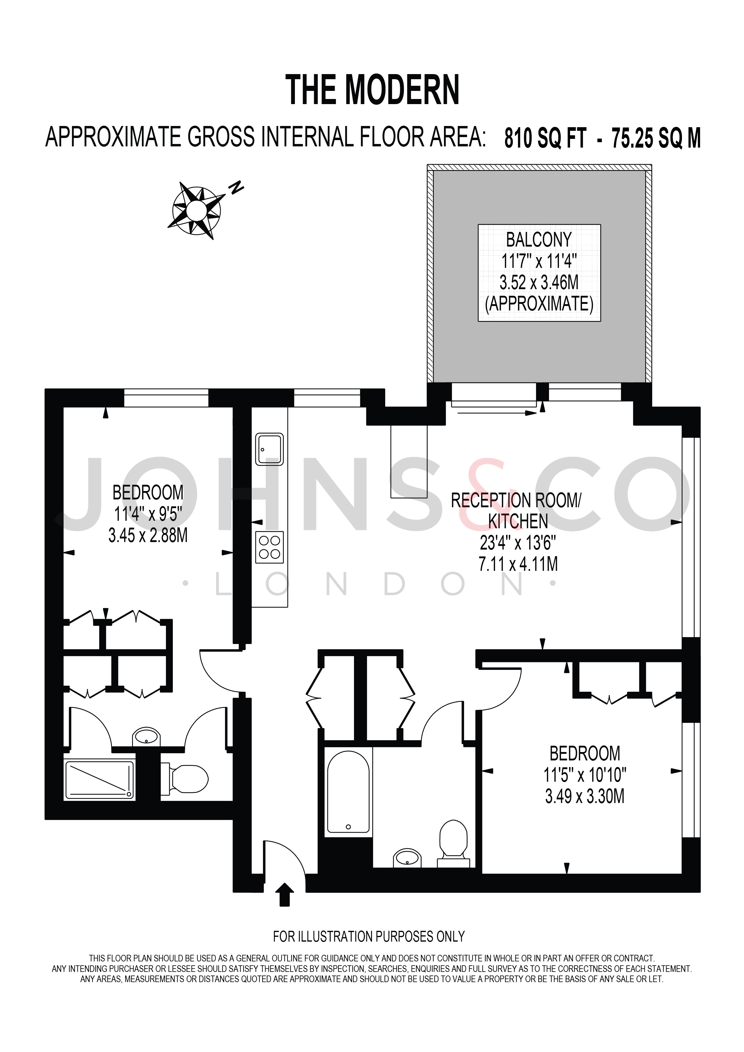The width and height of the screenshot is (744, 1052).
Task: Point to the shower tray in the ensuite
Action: pos(100,780)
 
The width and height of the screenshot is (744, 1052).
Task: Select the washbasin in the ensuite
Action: pos(146,737)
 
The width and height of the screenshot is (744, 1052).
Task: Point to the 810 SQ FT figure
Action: pos(545,138)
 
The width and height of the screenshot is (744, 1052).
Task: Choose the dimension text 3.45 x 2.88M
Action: pos(148,535)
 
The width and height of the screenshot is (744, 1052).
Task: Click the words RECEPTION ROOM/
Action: pos(516,500)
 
